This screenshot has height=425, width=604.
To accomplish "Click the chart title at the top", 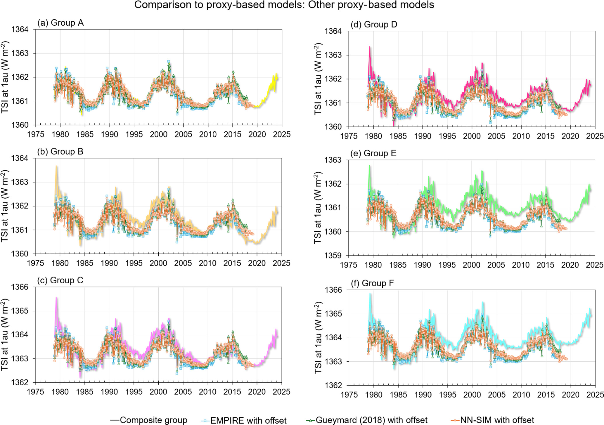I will click(x=284, y=5).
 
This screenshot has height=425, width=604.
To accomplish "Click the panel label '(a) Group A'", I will click(x=60, y=23).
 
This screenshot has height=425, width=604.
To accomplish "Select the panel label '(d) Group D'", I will click(x=373, y=25).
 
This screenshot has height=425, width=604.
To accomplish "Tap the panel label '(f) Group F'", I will click(x=372, y=283).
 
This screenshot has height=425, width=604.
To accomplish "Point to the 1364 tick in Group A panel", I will click(x=20, y=30).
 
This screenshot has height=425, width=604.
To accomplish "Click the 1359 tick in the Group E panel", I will click(x=333, y=256).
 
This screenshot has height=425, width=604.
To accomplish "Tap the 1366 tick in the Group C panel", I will click(x=20, y=287).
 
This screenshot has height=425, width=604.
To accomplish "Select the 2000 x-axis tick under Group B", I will click(x=158, y=263).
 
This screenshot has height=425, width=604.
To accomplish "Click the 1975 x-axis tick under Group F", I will click(x=349, y=395).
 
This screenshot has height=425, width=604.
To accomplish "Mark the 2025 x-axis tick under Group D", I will click(x=595, y=136).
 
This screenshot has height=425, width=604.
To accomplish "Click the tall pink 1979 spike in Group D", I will click(x=370, y=47).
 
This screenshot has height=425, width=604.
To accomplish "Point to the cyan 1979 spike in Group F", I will click(x=370, y=294).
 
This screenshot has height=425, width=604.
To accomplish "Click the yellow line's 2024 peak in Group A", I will click(x=276, y=74).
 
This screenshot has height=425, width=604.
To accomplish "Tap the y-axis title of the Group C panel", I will click(x=5, y=335).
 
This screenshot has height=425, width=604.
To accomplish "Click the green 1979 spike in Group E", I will click(x=369, y=166).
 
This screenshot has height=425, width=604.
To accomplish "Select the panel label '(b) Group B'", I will click(x=60, y=152).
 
